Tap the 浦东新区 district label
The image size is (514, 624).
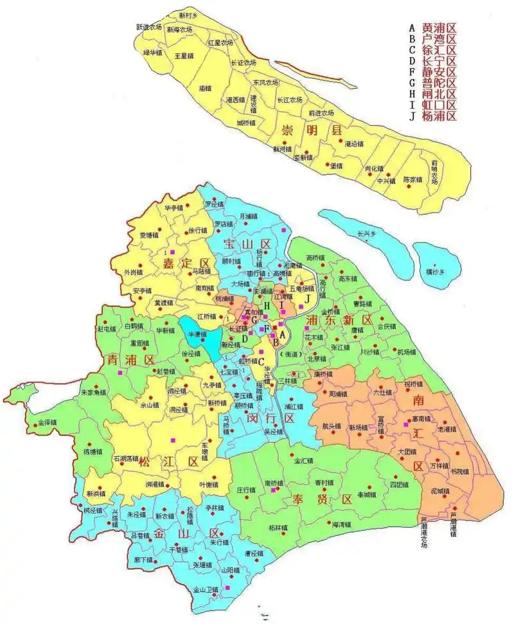click(340, 320)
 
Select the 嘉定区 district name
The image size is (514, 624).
click(186, 263)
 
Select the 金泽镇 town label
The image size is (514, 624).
click(48, 423)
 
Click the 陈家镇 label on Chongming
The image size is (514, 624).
click(412, 179)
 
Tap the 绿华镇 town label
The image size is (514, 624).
click(153, 53)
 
